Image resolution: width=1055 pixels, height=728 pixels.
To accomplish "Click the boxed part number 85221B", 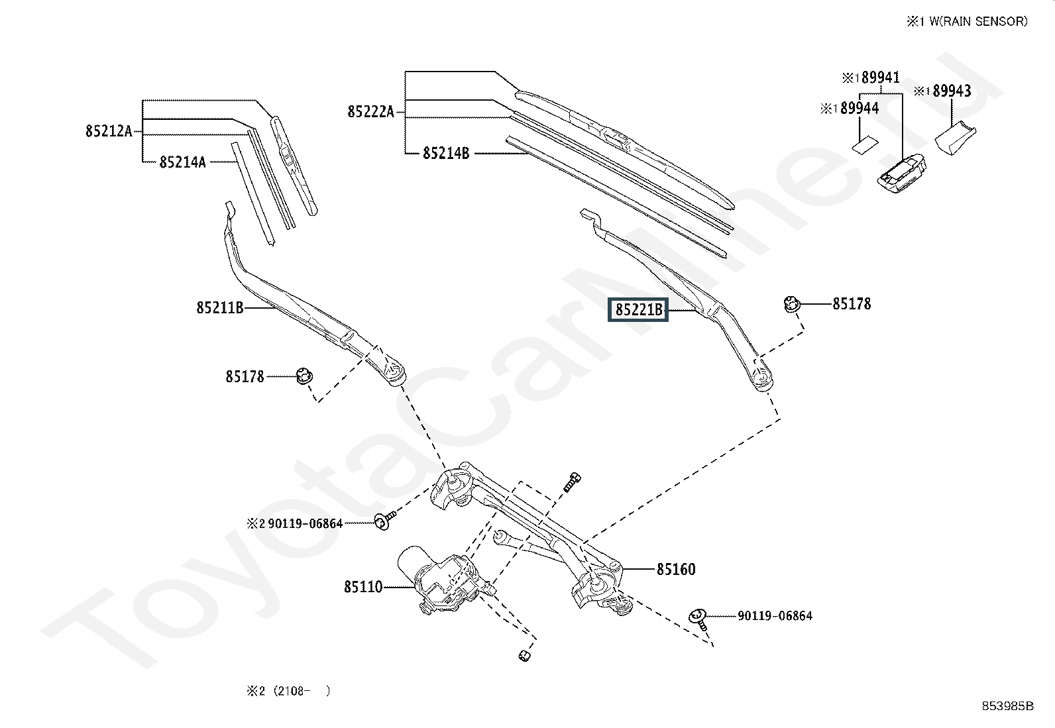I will (x=638, y=309).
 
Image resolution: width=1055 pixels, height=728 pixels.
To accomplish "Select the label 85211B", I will (x=219, y=307).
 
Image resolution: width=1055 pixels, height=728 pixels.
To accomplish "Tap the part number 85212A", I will (x=108, y=131).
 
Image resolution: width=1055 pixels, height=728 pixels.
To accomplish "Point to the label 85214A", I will (x=182, y=162).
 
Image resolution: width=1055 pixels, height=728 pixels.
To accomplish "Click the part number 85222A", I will (x=370, y=112).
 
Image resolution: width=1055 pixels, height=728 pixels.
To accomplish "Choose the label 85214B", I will (x=445, y=154).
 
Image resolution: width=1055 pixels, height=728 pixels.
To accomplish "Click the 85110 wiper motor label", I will (x=362, y=587).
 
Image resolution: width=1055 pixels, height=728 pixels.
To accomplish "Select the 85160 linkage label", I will (x=676, y=569).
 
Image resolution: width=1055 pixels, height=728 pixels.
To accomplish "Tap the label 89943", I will (x=951, y=91).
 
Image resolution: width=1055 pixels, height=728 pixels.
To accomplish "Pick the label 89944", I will (x=859, y=108).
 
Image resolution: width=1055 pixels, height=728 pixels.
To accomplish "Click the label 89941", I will (x=880, y=78).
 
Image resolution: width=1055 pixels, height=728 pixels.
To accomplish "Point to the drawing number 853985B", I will (x=1007, y=706).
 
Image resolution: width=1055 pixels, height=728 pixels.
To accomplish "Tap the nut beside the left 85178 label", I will (x=304, y=376).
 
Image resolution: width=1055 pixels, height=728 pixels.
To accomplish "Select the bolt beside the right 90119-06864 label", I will (x=698, y=616).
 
